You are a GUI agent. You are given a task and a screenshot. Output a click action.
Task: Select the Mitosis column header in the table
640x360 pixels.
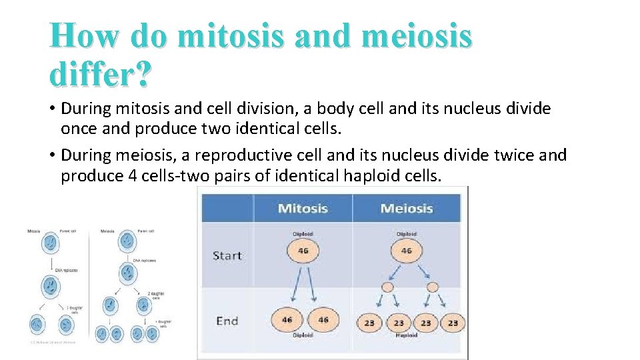coord(303,208)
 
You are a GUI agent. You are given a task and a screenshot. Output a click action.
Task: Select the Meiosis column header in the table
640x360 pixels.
coord(406,208)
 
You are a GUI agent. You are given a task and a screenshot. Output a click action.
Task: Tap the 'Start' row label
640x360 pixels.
coord(227,255)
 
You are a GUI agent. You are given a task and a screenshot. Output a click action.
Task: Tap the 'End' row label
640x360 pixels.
coord(227,321)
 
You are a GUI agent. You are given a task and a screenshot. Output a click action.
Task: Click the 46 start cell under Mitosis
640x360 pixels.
coord(303,251)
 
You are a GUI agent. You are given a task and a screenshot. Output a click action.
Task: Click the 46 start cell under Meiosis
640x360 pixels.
coord(406,251)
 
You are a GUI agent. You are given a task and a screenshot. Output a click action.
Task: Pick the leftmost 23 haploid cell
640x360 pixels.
coord(369,322)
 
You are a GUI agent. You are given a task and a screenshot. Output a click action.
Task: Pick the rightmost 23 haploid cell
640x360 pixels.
coord(453,322)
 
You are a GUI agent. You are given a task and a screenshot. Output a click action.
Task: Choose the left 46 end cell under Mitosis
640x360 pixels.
coord(287,320)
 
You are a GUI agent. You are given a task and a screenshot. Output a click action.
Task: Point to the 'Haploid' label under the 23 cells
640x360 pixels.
coord(407,335)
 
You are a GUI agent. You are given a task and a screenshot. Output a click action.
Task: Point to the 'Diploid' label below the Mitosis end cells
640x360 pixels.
coord(303,335)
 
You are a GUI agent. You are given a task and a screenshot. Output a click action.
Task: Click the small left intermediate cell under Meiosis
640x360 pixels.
coord(387,287)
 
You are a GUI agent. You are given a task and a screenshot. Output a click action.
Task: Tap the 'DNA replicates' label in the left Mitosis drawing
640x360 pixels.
coord(67,270)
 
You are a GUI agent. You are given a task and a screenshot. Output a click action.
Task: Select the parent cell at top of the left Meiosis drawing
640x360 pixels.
coord(126,243)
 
